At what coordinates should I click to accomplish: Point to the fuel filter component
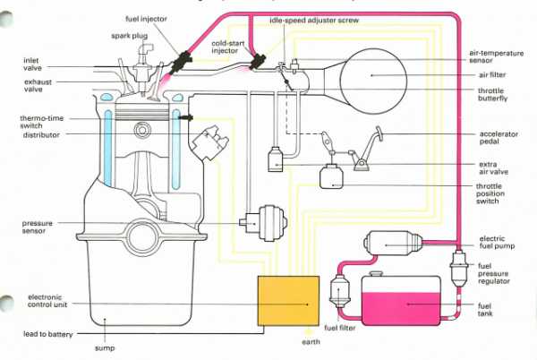[339, 291]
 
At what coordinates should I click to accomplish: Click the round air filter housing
[381, 75]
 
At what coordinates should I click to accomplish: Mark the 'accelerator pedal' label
[495, 140]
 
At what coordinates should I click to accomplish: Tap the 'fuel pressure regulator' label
[494, 273]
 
